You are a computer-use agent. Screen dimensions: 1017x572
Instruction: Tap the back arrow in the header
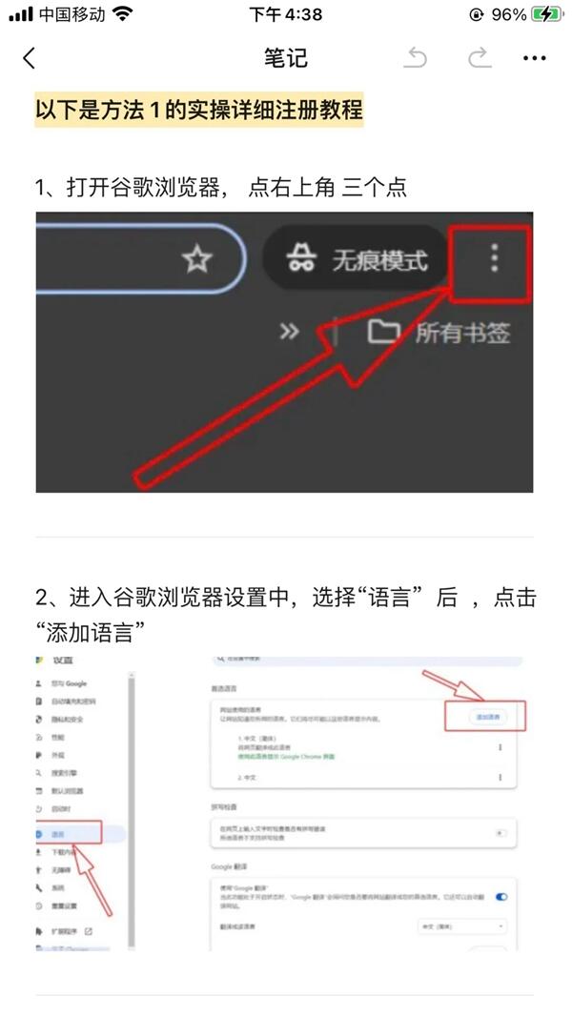[29, 58]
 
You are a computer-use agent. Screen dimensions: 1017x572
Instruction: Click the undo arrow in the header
[416, 58]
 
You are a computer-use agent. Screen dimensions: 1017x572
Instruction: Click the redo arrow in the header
[479, 58]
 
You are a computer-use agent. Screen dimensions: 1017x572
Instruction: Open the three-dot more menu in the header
[535, 58]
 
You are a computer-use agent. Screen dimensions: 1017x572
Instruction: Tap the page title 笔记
[286, 58]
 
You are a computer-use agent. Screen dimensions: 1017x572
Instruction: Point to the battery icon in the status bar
[547, 14]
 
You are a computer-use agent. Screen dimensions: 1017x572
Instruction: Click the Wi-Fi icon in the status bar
[122, 14]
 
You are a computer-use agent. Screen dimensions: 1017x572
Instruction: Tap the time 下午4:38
[286, 14]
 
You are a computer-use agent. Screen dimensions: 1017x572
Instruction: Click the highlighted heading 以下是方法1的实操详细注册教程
[199, 111]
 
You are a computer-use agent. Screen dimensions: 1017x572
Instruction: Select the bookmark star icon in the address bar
[196, 259]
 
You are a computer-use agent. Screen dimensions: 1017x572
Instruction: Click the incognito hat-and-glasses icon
[302, 259]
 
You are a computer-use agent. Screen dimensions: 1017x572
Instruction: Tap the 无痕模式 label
[379, 259]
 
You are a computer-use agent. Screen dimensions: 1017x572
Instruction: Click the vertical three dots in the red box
[494, 258]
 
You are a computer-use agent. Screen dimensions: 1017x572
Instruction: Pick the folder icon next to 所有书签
[383, 332]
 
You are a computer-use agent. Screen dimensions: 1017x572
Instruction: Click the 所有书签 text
[462, 333]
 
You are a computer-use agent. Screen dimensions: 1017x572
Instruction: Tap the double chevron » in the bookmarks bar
[289, 332]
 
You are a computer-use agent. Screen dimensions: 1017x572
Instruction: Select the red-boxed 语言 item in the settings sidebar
[67, 834]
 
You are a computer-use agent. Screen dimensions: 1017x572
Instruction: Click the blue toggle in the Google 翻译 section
[500, 897]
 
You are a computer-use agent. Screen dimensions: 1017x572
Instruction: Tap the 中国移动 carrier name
[72, 14]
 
